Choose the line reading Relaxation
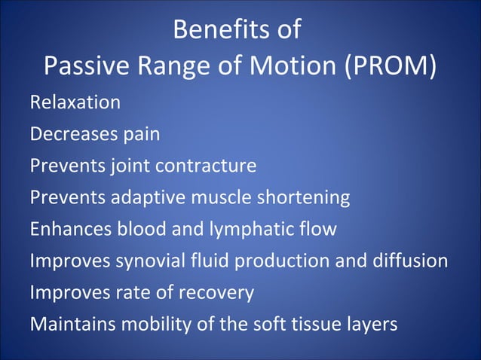coord(75,102)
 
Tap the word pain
coord(139,134)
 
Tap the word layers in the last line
coord(372,325)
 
